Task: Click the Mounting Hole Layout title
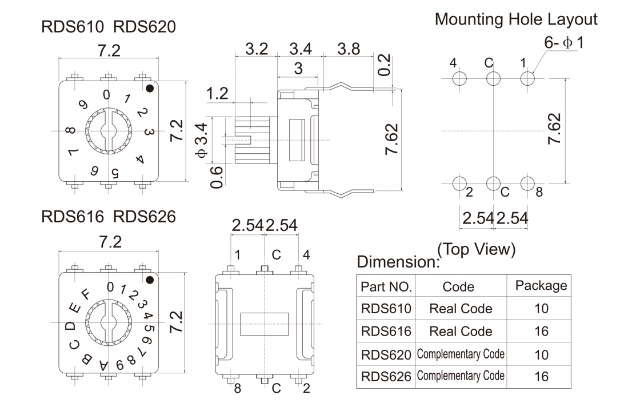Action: tap(516, 19)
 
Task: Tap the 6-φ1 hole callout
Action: tap(564, 43)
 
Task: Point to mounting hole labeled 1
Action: tap(527, 79)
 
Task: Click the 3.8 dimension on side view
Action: tap(349, 49)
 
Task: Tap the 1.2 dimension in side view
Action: tap(217, 93)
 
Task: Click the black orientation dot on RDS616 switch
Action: tap(149, 280)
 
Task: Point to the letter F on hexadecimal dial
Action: tap(86, 295)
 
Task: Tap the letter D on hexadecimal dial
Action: tap(70, 326)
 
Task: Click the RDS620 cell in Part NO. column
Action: tap(386, 354)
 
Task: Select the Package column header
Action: tap(541, 285)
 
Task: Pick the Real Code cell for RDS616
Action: tap(460, 331)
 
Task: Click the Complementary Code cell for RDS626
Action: tap(460, 376)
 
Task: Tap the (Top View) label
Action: tap(476, 250)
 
